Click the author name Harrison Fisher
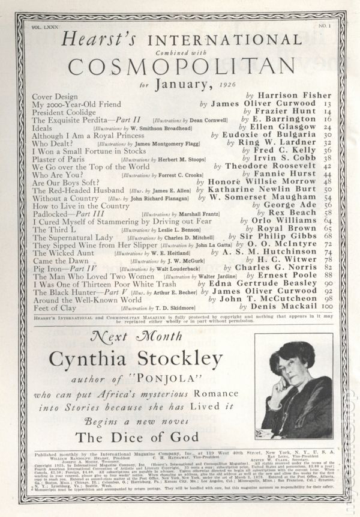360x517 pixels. (293, 95)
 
